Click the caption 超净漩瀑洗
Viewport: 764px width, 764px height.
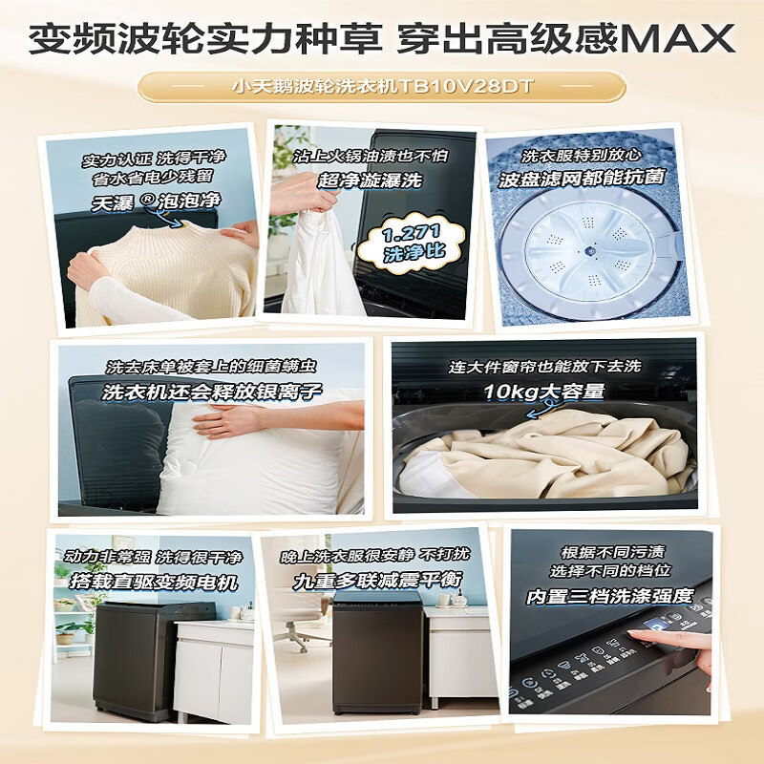[x=371, y=180]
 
